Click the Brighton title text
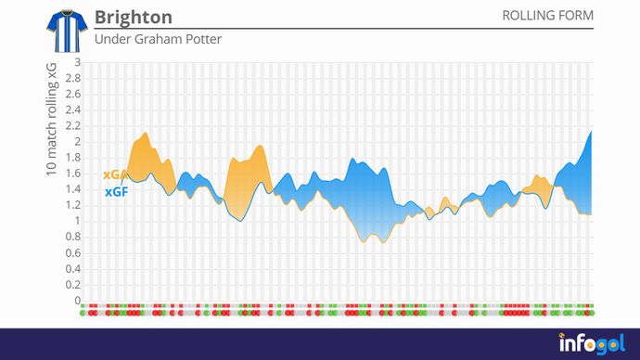click(134, 18)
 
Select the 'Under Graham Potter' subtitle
click(158, 39)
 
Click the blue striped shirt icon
click(64, 29)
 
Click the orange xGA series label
click(115, 174)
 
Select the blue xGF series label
click(116, 192)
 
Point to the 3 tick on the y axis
click(78, 62)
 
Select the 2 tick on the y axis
click(78, 141)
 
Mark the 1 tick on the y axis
click(78, 221)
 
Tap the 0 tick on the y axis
click(78, 301)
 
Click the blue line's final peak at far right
click(591, 132)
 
